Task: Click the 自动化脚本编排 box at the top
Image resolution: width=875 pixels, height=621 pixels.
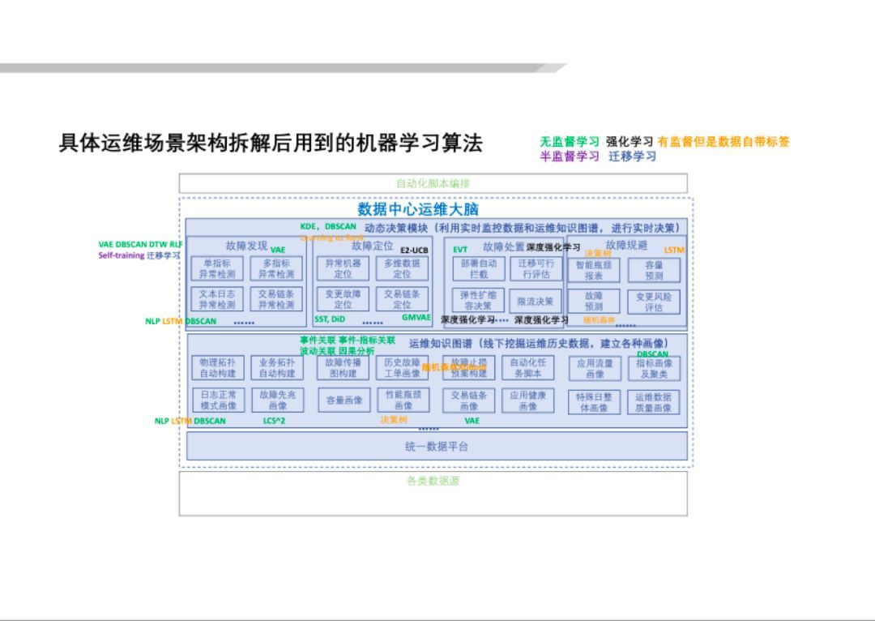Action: pyautogui.click(x=433, y=183)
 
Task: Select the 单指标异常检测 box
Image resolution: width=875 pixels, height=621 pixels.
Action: pyautogui.click(x=216, y=269)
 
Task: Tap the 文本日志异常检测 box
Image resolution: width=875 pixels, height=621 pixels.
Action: pyautogui.click(x=216, y=300)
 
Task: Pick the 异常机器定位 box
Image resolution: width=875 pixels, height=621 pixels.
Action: pyautogui.click(x=343, y=269)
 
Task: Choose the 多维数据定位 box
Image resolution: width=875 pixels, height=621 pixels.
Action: pyautogui.click(x=402, y=269)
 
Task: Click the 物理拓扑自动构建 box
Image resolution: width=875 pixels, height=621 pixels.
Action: pyautogui.click(x=217, y=368)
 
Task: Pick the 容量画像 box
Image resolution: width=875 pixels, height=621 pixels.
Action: pyautogui.click(x=343, y=400)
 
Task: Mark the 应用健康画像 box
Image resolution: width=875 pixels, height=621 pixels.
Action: pyautogui.click(x=527, y=400)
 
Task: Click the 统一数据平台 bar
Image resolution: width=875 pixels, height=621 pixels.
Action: pyautogui.click(x=437, y=446)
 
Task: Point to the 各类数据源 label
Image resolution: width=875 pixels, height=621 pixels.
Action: pyautogui.click(x=433, y=481)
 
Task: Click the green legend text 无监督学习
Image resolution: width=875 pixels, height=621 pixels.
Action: pyautogui.click(x=570, y=142)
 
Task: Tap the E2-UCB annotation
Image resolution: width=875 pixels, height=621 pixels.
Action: pyautogui.click(x=414, y=251)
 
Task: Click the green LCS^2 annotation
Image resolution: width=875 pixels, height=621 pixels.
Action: pyautogui.click(x=274, y=421)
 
